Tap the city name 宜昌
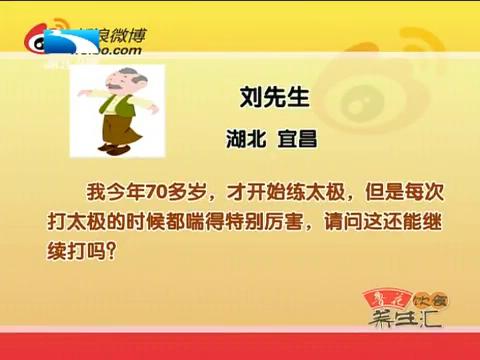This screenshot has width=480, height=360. [295, 139]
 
